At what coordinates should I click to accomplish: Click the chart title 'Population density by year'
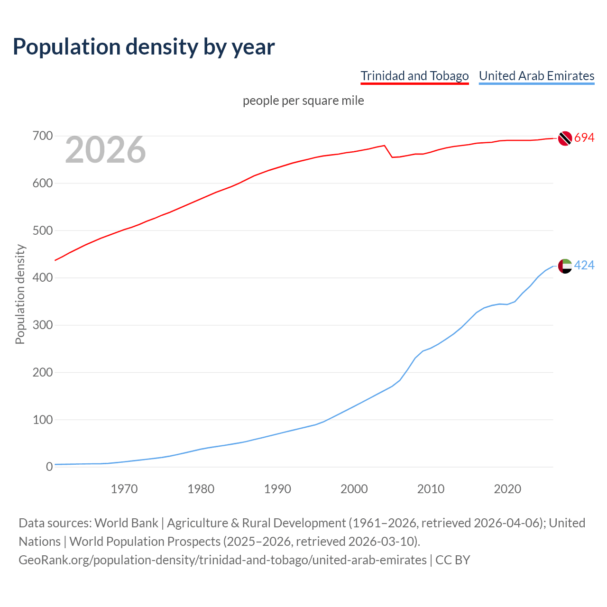point(144,46)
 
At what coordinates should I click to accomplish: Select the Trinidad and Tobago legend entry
point(414,76)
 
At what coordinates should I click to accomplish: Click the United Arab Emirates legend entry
point(536,76)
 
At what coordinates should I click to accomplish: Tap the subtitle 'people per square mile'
point(303,101)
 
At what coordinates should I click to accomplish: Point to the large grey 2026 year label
point(105,150)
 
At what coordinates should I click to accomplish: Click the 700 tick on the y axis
point(42,136)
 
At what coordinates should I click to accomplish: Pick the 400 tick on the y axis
point(42,278)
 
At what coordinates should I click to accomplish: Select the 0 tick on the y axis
point(49,467)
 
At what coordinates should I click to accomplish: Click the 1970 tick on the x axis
point(124,489)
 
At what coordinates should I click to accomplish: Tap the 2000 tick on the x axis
point(354,489)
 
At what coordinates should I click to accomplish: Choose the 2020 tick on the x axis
point(507,489)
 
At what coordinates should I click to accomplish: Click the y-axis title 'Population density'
point(20,294)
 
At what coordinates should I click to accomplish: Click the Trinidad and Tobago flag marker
point(565,138)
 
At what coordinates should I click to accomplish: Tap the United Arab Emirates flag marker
point(565,266)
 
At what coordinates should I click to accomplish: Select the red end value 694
point(584,138)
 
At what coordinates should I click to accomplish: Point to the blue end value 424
point(584,266)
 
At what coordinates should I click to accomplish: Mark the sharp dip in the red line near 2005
point(392,157)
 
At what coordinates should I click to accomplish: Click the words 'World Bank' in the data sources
point(126,523)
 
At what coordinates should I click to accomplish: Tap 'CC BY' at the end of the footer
point(452,560)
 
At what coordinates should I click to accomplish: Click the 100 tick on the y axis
point(42,420)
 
